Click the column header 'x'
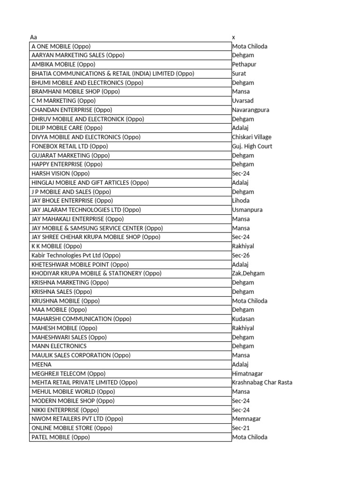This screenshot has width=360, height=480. click(233, 37)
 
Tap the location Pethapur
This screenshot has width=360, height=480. click(244, 64)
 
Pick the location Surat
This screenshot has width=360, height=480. click(239, 74)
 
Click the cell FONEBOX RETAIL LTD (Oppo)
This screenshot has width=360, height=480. click(70, 146)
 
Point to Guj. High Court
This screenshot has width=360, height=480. click(252, 146)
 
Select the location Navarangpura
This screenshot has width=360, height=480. click(250, 110)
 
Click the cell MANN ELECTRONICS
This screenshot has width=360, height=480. click(59, 346)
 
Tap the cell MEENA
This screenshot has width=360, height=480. click(41, 364)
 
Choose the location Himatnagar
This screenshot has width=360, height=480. click(247, 374)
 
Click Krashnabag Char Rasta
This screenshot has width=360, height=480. click(262, 382)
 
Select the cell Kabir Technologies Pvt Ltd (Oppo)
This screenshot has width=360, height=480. click(76, 255)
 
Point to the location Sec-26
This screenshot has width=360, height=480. click(241, 255)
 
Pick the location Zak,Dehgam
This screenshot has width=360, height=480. click(248, 273)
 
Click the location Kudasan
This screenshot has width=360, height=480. click(243, 319)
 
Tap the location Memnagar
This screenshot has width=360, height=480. click(247, 419)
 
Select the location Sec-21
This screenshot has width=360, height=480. click(241, 428)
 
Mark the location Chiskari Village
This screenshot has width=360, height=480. click(252, 137)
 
